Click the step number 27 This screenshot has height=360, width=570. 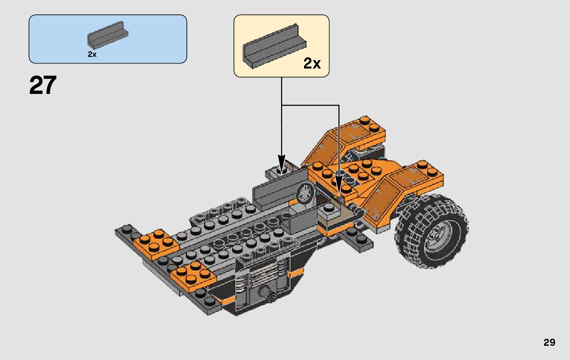(43, 85)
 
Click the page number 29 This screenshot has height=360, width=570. (549, 342)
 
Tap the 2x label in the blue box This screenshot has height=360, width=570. (92, 54)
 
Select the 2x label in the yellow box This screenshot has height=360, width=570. (312, 63)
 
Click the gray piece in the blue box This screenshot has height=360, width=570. (108, 35)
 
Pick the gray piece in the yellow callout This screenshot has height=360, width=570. (275, 46)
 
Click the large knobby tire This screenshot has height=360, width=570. (431, 231)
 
